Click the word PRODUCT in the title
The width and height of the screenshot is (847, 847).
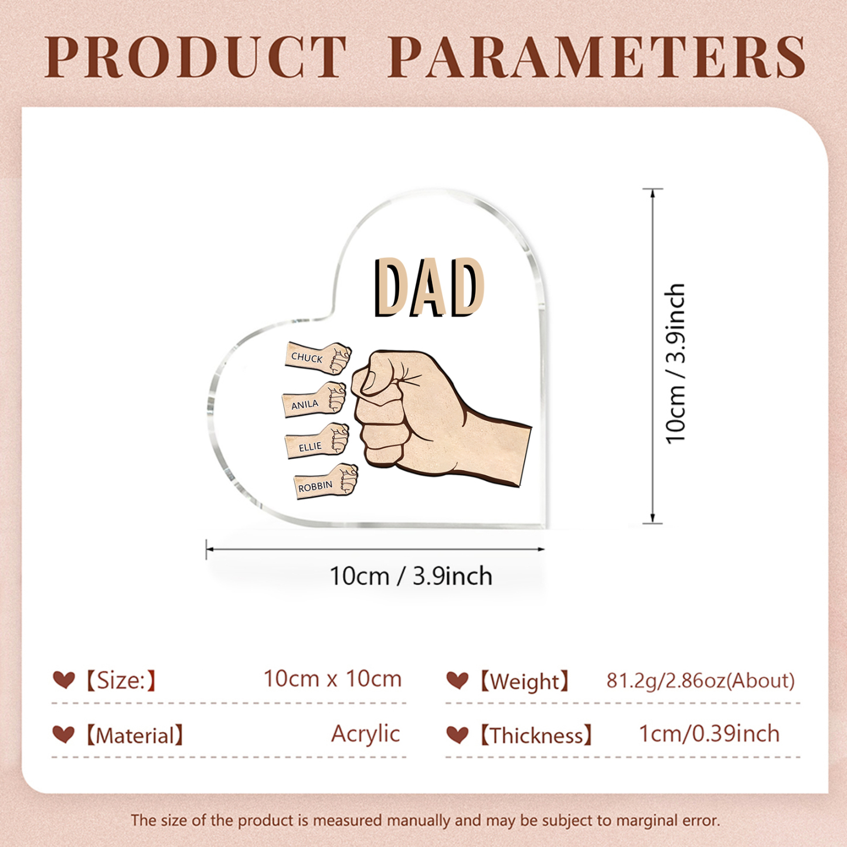pos(196,57)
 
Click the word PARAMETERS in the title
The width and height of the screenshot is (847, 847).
pos(597,57)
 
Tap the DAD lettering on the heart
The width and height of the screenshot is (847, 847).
pos(428,288)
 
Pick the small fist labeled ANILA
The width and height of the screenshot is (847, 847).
pos(315,400)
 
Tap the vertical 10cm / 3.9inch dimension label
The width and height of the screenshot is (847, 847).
pos(676,363)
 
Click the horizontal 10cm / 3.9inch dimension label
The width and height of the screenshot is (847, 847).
pos(410,576)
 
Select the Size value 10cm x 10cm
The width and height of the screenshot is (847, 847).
pos(332,679)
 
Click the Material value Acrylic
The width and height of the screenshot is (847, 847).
pos(365,734)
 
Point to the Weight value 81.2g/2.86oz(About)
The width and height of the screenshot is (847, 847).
pos(700,681)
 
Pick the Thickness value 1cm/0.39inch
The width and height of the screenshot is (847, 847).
pos(709,734)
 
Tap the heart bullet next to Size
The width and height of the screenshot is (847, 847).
pos(64,680)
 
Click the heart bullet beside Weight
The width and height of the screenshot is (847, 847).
pos(457,680)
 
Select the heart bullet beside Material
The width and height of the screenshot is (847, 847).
pos(64,734)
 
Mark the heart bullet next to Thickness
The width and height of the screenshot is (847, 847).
pos(457,734)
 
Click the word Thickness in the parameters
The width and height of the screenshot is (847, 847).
pos(536,736)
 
